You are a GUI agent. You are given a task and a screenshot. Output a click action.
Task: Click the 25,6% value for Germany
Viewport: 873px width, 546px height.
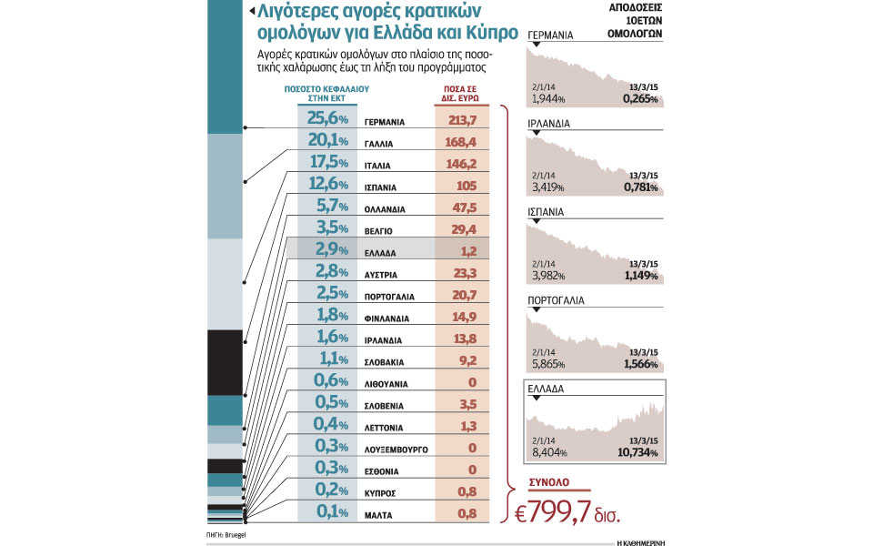click(328, 118)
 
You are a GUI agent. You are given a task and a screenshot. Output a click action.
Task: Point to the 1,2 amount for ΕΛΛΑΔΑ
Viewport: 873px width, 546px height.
click(463, 249)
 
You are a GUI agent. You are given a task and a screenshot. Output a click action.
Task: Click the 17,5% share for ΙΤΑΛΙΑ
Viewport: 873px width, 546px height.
click(328, 163)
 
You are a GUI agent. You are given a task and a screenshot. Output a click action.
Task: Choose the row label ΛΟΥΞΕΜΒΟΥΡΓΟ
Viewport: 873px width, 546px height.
click(396, 450)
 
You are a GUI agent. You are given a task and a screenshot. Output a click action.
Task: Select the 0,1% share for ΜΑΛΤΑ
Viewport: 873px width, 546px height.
click(328, 512)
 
